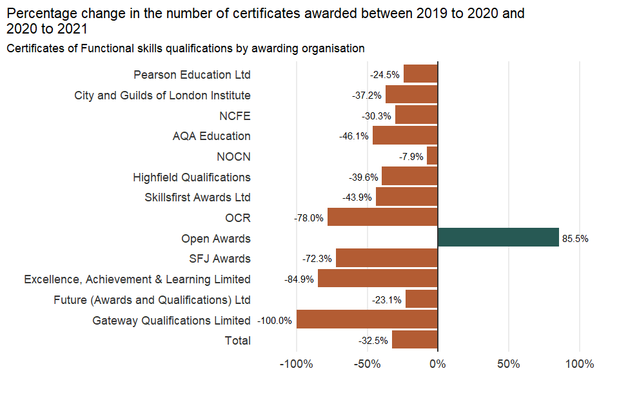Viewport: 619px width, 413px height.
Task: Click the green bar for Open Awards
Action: (x=498, y=237)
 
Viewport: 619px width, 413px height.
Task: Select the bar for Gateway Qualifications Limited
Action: (x=367, y=319)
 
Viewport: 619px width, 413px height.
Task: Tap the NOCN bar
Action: (x=432, y=156)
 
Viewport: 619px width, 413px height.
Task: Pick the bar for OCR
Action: (x=382, y=217)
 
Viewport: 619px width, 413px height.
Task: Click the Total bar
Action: (x=415, y=339)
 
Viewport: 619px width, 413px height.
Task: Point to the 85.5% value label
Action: (x=575, y=238)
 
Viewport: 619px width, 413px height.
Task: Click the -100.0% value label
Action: (x=275, y=320)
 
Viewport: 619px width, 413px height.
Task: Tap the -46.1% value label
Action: (x=354, y=136)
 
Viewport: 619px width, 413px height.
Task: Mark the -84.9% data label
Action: (x=299, y=279)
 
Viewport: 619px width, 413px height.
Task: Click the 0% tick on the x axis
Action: (x=438, y=364)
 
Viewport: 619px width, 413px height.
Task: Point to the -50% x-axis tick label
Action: (x=367, y=364)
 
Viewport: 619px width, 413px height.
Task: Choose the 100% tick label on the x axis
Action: (x=579, y=364)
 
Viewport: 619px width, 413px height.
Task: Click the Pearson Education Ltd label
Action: (x=192, y=75)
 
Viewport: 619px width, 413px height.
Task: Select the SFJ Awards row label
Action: (x=220, y=259)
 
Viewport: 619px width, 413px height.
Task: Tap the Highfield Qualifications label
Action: (x=192, y=177)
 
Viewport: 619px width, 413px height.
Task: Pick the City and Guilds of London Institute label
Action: (x=162, y=96)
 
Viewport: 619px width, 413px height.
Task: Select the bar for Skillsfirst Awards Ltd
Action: (x=407, y=197)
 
